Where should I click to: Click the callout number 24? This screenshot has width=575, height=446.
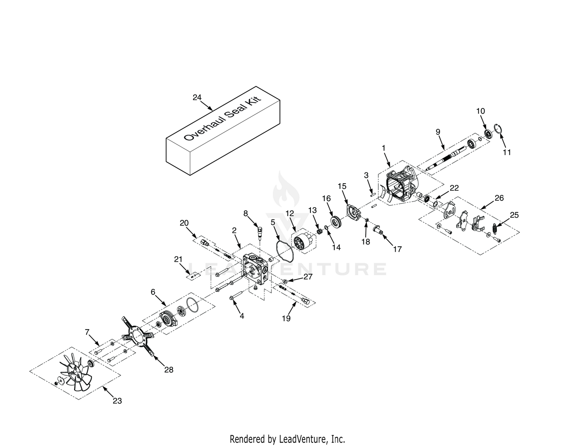point(197,98)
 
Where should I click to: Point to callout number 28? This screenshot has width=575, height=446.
point(169,370)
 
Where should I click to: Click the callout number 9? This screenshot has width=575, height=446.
point(438,131)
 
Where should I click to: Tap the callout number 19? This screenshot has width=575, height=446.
point(286,318)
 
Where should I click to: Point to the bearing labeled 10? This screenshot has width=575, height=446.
point(488,134)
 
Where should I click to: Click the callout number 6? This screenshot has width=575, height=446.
point(153,292)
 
